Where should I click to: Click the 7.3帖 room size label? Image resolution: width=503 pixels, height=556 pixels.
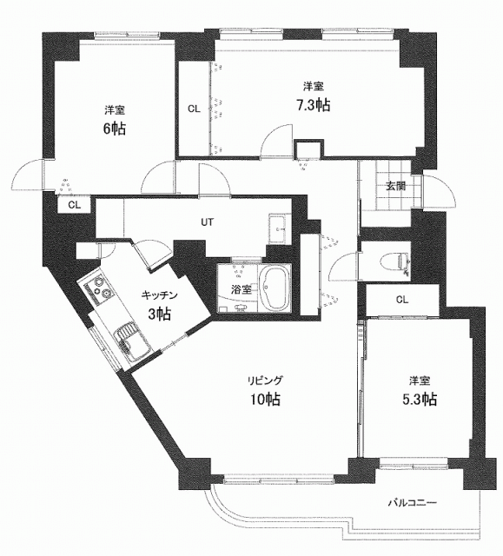[313, 105]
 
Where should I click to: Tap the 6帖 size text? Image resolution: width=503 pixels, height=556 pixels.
[114, 129]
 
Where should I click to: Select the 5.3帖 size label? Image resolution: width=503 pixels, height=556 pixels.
[420, 400]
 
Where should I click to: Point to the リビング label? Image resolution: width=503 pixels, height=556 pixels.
[266, 381]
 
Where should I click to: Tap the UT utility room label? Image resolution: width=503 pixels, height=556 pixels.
[208, 222]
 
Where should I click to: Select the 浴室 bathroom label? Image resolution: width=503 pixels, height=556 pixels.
[242, 289]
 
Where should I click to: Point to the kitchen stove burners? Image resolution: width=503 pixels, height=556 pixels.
[100, 288]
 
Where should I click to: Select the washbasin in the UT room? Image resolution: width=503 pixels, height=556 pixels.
[279, 228]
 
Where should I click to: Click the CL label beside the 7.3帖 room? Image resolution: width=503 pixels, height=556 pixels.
[194, 109]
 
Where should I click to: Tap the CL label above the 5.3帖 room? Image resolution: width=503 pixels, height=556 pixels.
[402, 300]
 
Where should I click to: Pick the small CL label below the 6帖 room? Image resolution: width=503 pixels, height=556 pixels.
[75, 205]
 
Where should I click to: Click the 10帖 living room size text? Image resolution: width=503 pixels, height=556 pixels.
[266, 400]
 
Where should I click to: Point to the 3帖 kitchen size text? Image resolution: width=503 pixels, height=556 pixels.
[160, 314]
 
